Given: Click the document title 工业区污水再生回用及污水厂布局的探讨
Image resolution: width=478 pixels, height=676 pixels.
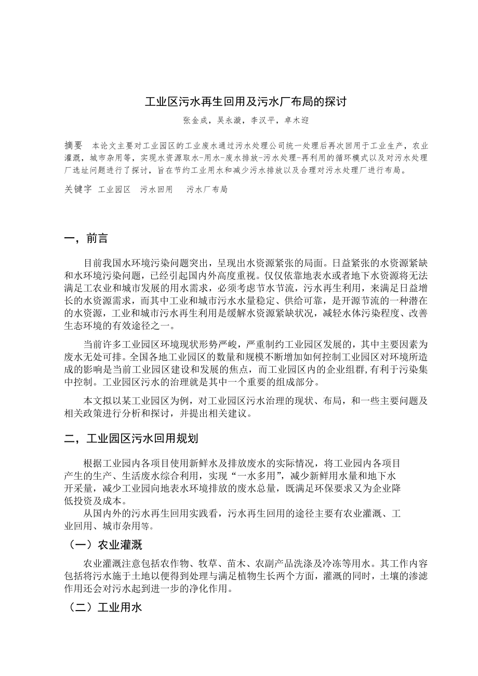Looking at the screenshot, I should [x=245, y=102].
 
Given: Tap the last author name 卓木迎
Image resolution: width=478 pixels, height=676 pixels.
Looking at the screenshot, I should [x=297, y=120].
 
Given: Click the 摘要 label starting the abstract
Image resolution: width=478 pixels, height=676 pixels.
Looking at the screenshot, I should [x=73, y=145].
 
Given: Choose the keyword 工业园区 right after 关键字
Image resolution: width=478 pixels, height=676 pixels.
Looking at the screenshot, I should [x=114, y=190].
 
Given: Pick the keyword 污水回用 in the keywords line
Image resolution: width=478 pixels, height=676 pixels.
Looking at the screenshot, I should [x=156, y=190].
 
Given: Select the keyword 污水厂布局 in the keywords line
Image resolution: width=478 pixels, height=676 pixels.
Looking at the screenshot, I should [x=207, y=190].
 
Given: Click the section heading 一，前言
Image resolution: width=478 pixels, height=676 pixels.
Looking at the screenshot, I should [x=86, y=239].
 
